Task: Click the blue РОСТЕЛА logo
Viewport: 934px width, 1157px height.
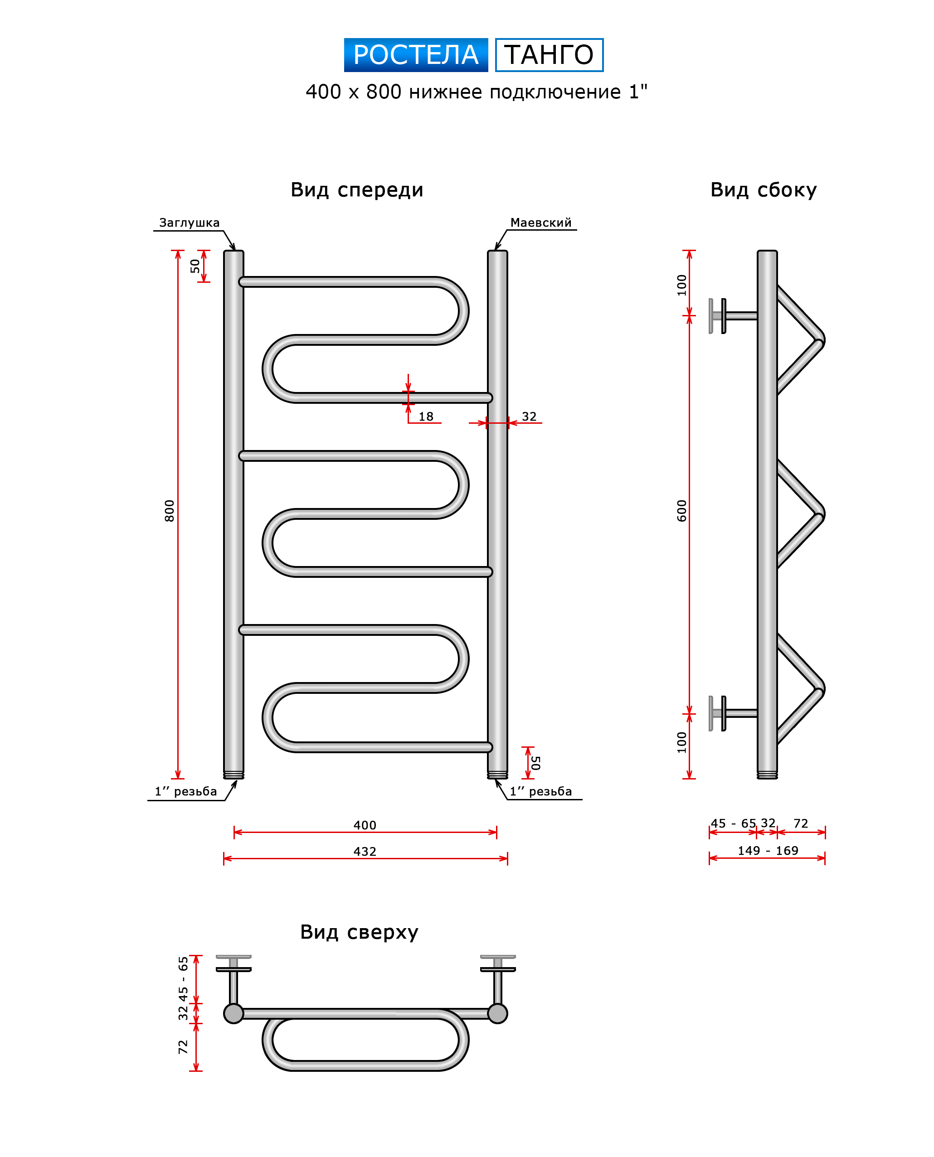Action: click(415, 55)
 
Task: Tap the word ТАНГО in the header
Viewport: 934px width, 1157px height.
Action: click(549, 55)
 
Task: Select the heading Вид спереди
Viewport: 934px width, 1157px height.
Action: click(357, 190)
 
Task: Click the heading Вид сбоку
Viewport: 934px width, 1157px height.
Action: click(763, 190)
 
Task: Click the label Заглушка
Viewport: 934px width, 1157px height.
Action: click(190, 223)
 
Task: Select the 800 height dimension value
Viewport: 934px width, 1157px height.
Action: click(170, 511)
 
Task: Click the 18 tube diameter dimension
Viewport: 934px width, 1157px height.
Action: click(426, 416)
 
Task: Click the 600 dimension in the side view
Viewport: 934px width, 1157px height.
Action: click(681, 511)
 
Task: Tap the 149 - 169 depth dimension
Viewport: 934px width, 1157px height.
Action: click(767, 851)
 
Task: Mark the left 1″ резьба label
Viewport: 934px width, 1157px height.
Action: click(185, 791)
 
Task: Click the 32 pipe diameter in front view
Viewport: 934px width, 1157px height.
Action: click(529, 416)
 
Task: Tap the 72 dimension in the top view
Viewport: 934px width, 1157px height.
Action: click(183, 1047)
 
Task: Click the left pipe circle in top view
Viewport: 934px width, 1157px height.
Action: click(233, 1013)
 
